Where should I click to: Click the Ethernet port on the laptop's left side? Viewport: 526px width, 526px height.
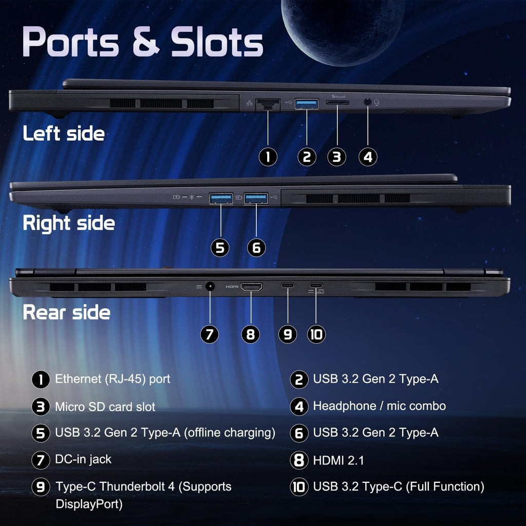coord(268,105)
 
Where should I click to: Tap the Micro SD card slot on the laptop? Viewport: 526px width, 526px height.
coord(337,103)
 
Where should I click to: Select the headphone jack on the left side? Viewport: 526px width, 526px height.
coord(368,102)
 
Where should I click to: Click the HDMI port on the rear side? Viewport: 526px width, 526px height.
coord(251,287)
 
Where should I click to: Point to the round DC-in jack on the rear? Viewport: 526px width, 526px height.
coord(210,287)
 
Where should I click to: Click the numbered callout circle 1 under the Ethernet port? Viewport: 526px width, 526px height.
coord(268,157)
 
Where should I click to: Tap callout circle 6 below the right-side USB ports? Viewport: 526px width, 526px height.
coord(256,248)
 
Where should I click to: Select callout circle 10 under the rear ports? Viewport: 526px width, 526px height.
coord(316,334)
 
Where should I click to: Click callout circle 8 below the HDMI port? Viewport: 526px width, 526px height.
coord(251,334)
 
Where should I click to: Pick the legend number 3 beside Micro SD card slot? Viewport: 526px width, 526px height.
coord(41,407)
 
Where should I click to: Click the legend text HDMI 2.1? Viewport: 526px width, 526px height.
coord(339,460)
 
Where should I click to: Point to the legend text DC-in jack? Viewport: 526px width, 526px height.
coord(83,459)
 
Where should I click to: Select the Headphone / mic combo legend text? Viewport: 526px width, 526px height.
coord(380,406)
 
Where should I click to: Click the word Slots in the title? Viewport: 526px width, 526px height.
coord(217,42)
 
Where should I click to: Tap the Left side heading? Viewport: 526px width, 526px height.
coord(64,133)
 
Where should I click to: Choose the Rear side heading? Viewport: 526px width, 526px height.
coord(66,312)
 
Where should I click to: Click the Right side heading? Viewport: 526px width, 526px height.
coord(69,223)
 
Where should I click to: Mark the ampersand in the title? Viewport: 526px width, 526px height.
coord(145,42)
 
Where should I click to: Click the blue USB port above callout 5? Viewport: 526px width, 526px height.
coord(221,198)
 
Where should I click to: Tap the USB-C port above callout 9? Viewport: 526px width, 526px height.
coord(288,286)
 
